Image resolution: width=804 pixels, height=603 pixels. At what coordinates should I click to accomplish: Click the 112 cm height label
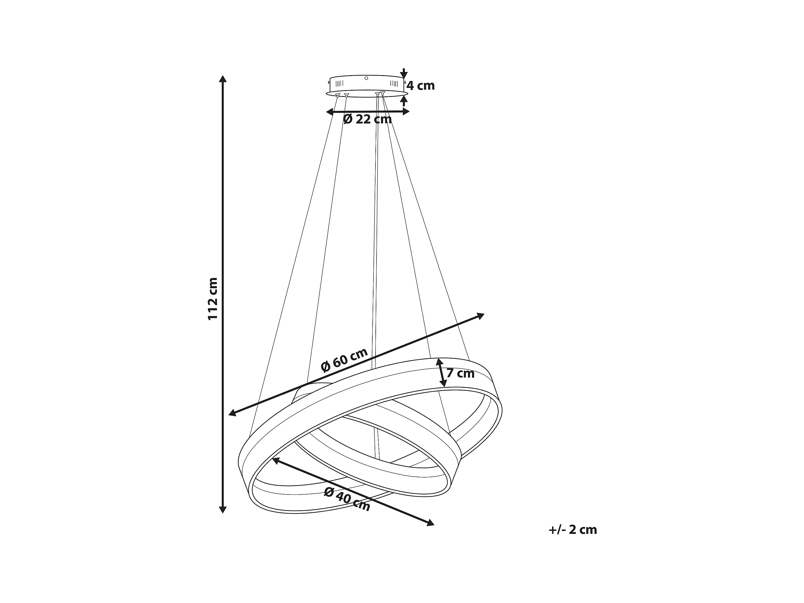click(213, 298)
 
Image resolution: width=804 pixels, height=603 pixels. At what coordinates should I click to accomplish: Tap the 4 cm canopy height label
click(421, 86)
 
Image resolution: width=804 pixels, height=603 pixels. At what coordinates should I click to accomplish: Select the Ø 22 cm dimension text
click(368, 119)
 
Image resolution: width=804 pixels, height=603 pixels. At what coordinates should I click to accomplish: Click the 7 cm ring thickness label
click(460, 373)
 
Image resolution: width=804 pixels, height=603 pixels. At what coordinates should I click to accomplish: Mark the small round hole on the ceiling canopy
click(366, 78)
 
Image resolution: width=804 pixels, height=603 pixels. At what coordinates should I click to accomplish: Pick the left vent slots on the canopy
click(340, 84)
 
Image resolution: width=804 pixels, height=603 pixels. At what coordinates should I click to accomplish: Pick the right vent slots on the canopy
click(394, 84)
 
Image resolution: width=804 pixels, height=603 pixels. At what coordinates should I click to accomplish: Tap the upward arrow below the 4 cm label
click(403, 101)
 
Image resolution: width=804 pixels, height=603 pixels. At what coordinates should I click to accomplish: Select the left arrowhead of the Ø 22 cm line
click(330, 112)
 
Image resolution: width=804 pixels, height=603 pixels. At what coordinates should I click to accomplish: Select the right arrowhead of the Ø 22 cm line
click(406, 112)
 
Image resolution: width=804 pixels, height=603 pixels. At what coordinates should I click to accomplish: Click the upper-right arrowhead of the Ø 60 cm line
click(481, 316)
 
